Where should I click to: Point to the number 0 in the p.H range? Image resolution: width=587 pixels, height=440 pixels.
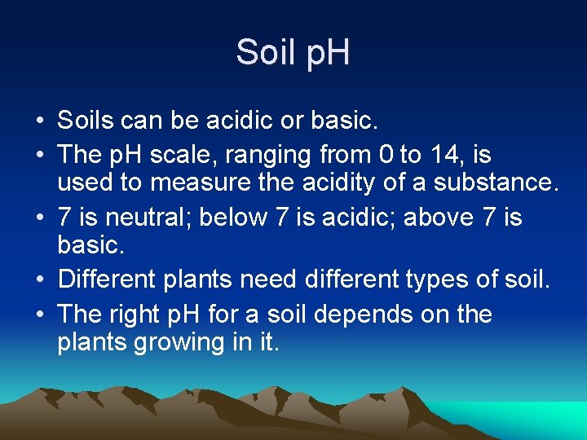click(387, 153)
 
